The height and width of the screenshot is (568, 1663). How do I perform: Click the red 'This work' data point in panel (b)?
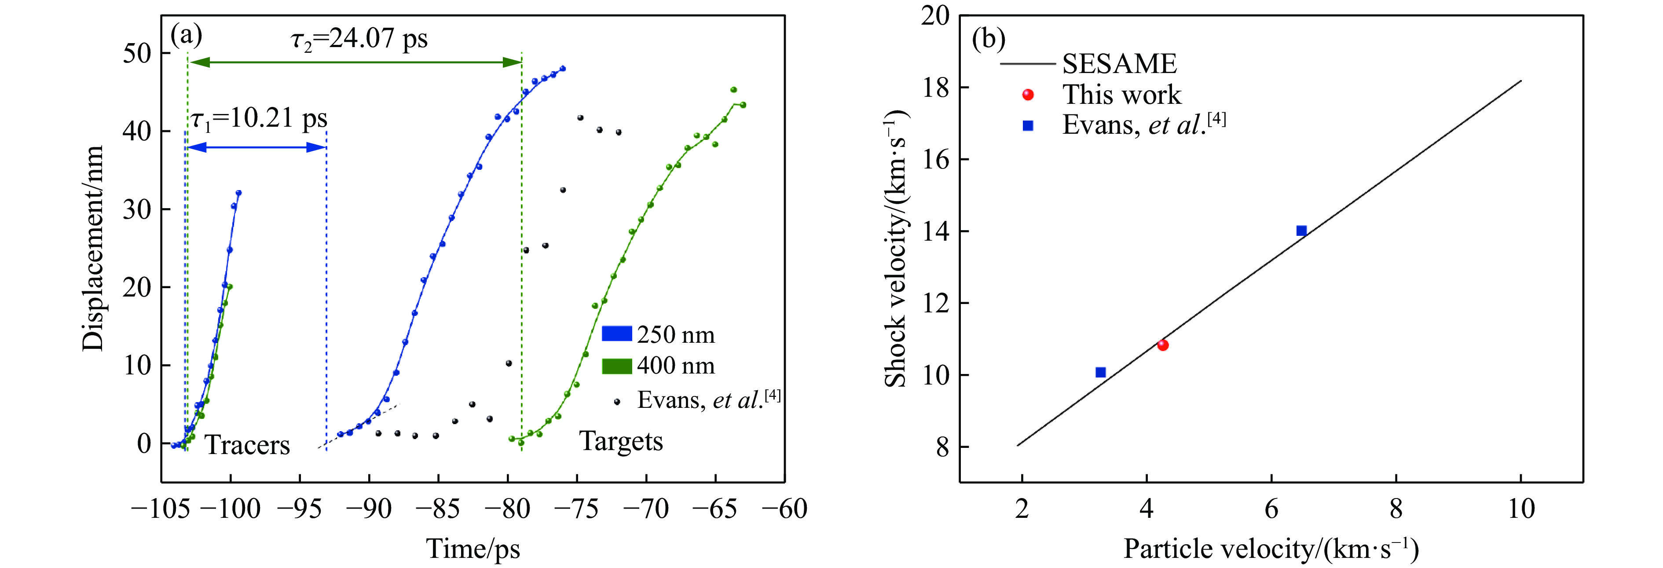[x=1163, y=345]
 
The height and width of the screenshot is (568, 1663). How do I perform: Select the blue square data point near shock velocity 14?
[x=1301, y=231]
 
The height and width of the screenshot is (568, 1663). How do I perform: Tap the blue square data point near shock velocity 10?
[x=1101, y=372]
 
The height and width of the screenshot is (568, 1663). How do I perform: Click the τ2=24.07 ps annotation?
[x=359, y=39]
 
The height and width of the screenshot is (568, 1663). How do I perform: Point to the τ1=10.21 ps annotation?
[x=259, y=119]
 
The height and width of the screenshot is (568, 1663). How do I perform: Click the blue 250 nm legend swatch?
[x=616, y=333]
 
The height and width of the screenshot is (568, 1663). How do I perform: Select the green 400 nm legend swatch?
[x=616, y=366]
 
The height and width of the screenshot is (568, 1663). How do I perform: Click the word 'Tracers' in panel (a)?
[x=247, y=445]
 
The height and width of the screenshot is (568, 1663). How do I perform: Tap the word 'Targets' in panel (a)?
[x=621, y=441]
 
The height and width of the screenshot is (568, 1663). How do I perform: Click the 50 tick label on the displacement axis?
[x=137, y=54]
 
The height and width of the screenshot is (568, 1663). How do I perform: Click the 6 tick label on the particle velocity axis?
[x=1271, y=509]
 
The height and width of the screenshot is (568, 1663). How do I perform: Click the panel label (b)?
[x=989, y=40]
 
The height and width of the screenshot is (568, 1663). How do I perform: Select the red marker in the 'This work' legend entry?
[x=1028, y=95]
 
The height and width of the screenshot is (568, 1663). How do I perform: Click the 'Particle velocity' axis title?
[x=1271, y=549]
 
